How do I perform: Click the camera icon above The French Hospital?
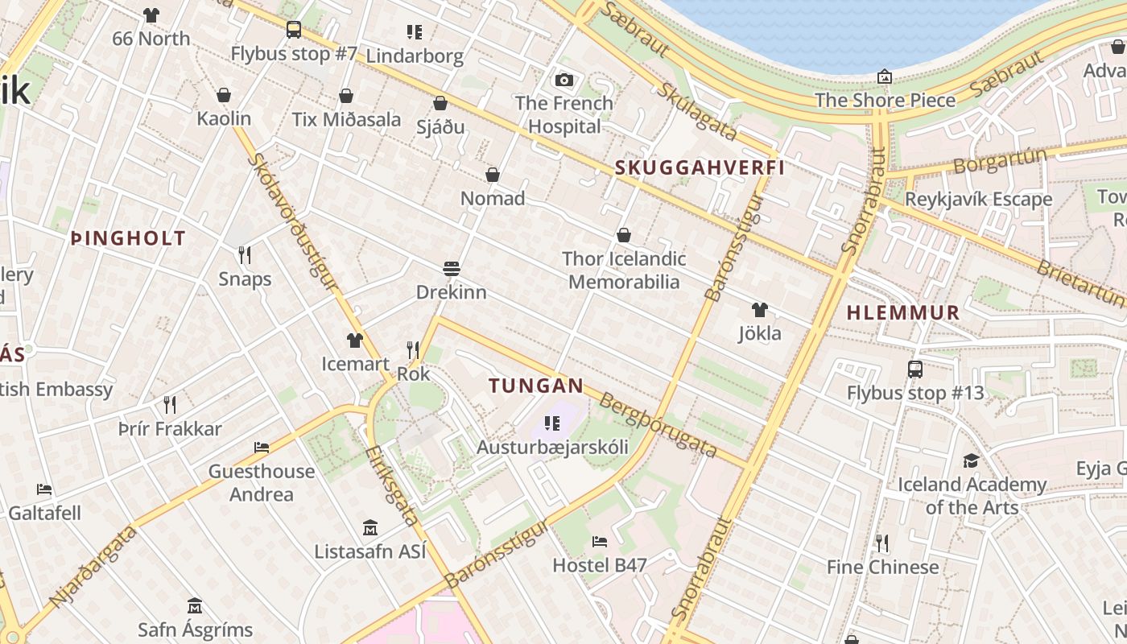[564, 80]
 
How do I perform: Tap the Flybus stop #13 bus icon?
[915, 369]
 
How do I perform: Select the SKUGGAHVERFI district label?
[699, 168]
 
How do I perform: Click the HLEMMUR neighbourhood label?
[903, 313]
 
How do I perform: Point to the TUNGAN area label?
[535, 386]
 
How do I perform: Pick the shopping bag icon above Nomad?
[493, 175]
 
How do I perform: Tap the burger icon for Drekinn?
[451, 268]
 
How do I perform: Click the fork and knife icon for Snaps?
[245, 255]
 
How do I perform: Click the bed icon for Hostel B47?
[599, 542]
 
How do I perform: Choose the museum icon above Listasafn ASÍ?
[369, 528]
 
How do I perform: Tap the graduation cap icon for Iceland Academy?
[971, 460]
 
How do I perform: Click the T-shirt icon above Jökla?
[759, 310]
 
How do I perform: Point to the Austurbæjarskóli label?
[552, 447]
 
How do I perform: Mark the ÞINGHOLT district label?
[129, 238]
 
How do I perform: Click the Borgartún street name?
[1000, 161]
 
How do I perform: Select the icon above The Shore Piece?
[885, 76]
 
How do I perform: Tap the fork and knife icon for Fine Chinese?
[882, 543]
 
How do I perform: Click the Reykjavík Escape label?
[978, 199]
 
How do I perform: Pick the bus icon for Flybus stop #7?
[294, 31]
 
